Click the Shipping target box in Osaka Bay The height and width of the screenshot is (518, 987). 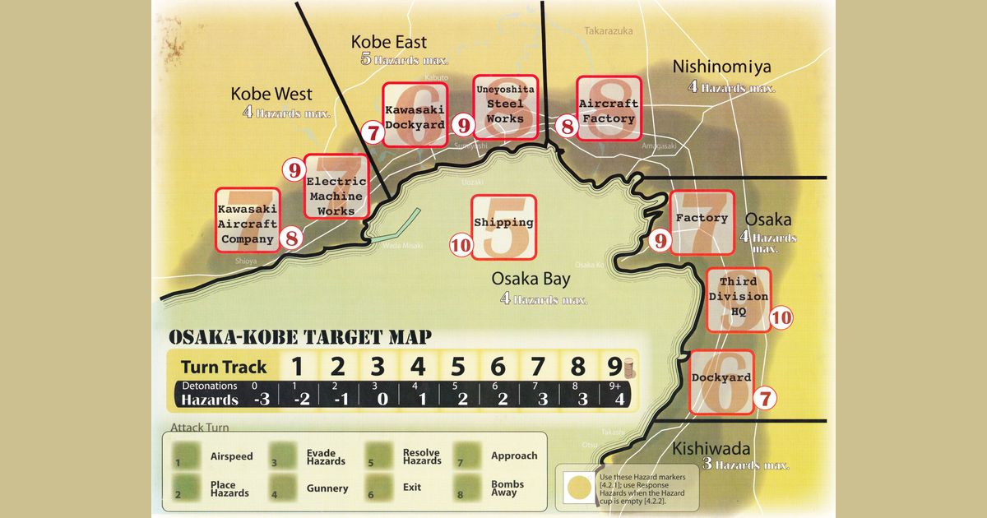[503, 226]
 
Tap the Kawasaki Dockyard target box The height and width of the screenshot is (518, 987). [415, 114]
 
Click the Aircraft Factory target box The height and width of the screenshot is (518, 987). [608, 109]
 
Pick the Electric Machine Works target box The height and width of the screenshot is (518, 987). [335, 187]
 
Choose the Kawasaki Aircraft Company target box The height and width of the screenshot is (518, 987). [247, 220]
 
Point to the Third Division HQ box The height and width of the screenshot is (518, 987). [738, 299]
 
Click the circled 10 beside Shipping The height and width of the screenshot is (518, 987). [461, 244]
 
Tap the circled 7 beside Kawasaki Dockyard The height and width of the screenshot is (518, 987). [373, 131]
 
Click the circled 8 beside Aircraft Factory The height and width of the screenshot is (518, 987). [566, 126]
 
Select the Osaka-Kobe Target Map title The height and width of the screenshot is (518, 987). [299, 338]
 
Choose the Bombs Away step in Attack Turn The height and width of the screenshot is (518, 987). [507, 488]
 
